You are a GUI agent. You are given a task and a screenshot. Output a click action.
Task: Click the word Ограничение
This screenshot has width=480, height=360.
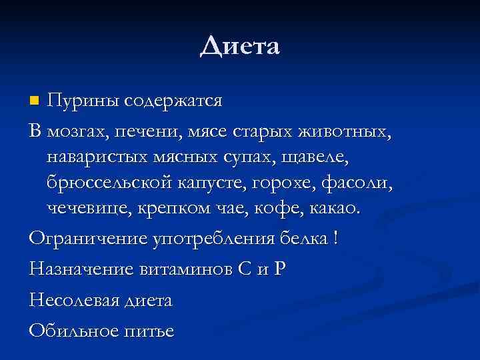pyautogui.click(x=83, y=239)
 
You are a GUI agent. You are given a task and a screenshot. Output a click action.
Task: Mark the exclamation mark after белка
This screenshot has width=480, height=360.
pyautogui.click(x=334, y=239)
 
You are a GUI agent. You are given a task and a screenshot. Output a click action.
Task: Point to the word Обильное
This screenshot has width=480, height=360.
pyautogui.click(x=73, y=331)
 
